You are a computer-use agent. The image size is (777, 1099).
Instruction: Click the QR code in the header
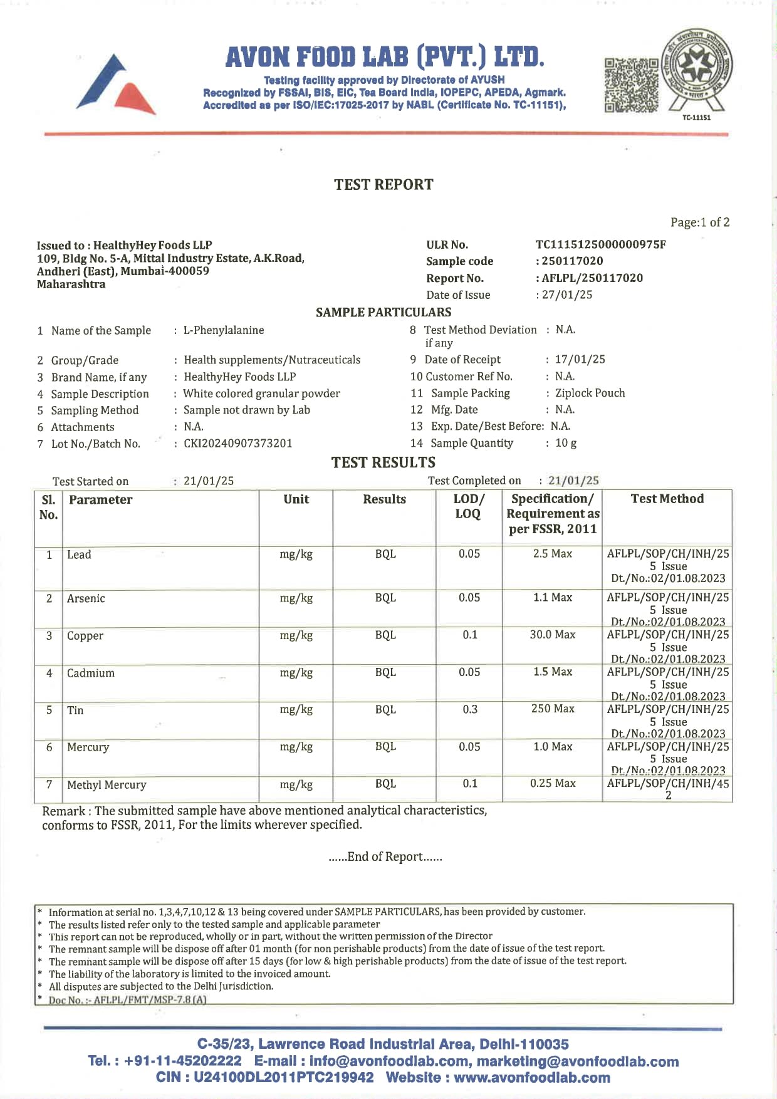(631, 85)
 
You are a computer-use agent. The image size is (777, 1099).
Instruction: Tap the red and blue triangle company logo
(116, 85)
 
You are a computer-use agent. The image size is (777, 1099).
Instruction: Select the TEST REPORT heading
(383, 185)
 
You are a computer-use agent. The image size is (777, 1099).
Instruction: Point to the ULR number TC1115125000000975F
(600, 244)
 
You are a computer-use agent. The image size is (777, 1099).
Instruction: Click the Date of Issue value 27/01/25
(567, 294)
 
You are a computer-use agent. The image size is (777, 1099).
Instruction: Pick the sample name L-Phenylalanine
(224, 330)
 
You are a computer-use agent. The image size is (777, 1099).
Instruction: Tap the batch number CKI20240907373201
(238, 444)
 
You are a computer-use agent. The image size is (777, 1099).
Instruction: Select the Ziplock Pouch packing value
(590, 393)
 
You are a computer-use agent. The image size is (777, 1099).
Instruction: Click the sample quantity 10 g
(566, 443)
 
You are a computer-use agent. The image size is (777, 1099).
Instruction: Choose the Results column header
(384, 499)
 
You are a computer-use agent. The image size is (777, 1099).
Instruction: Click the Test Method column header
(667, 499)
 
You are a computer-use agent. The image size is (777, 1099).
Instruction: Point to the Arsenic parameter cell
(86, 598)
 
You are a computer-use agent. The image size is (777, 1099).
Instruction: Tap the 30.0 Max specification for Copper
(552, 635)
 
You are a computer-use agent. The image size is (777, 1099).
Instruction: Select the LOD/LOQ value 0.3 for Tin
(470, 709)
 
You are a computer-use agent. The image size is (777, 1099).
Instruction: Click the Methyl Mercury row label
(107, 784)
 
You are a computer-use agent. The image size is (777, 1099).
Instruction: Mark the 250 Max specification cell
(552, 709)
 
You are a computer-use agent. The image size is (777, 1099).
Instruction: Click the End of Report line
(385, 857)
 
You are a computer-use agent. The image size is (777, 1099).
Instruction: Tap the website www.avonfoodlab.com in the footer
(531, 1078)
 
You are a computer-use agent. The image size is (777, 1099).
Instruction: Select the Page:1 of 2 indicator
(699, 222)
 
